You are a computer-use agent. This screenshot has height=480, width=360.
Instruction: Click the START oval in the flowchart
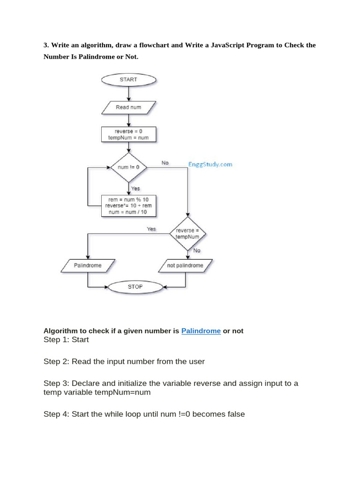[128, 79]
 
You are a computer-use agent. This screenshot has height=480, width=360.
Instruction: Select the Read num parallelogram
[128, 107]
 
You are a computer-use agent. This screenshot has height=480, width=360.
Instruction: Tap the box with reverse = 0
[128, 135]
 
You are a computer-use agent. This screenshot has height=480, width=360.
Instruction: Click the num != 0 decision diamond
[128, 167]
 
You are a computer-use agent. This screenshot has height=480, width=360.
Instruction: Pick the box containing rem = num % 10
[128, 205]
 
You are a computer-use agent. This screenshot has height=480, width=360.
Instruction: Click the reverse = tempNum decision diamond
[187, 234]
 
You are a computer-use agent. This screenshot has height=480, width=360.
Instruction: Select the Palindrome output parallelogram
[88, 265]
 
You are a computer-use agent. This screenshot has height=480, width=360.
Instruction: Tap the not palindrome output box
[185, 265]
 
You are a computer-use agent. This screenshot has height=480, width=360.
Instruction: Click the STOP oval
[135, 286]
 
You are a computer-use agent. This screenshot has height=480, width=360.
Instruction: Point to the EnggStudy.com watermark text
[210, 165]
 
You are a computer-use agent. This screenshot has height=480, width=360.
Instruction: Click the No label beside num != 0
[165, 163]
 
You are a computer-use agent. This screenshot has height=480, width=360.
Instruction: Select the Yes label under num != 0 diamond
[135, 188]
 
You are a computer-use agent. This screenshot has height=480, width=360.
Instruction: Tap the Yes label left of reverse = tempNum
[151, 229]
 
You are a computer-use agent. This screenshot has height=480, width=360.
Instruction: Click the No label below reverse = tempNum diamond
[197, 250]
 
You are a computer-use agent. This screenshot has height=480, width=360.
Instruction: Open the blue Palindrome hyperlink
[201, 331]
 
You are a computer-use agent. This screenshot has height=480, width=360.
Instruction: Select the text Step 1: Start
[66, 339]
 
